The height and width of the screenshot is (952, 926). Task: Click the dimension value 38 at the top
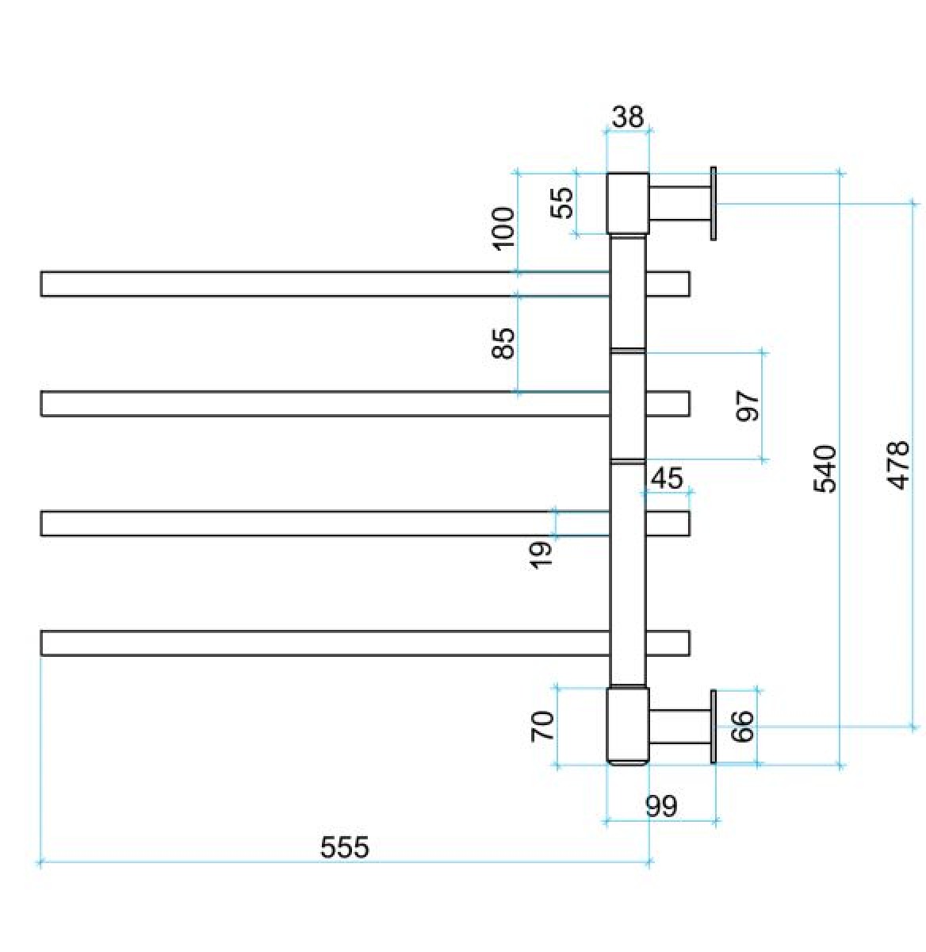click(628, 117)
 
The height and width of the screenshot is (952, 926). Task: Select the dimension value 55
click(562, 203)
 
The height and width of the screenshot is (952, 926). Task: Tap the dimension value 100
click(503, 229)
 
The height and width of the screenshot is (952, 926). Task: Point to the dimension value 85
click(503, 344)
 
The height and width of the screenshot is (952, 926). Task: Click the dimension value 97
click(748, 405)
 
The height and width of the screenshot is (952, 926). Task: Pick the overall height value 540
click(825, 468)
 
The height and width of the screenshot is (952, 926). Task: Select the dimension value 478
click(898, 465)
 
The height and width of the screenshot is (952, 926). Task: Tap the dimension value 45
click(668, 478)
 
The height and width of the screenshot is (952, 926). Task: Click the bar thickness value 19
click(541, 555)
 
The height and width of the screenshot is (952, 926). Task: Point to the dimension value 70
click(543, 727)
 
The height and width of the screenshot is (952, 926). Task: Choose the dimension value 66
click(742, 726)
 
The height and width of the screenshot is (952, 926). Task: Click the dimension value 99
click(661, 806)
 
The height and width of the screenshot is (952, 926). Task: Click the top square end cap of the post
click(628, 204)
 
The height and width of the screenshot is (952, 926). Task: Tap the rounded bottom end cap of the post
click(628, 726)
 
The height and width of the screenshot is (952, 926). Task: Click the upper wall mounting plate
click(714, 204)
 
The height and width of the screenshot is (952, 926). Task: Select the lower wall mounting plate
click(714, 727)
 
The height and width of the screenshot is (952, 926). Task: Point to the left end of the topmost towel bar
click(41, 284)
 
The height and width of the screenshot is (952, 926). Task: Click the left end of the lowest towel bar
click(41, 643)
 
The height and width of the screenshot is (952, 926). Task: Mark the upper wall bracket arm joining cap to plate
click(680, 204)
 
